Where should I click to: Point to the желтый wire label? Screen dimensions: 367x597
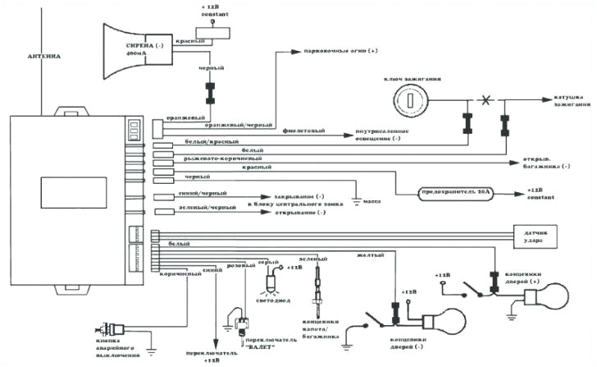coord(368,255)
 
